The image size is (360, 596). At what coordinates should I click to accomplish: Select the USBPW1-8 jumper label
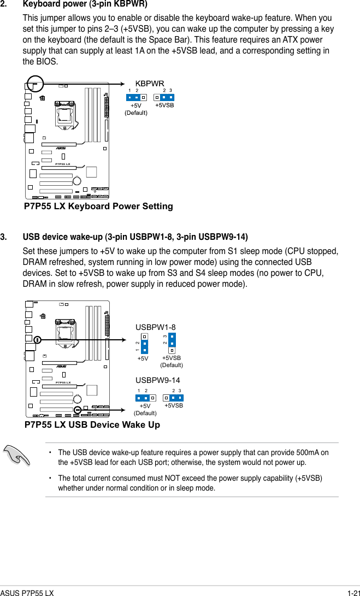click(x=155, y=327)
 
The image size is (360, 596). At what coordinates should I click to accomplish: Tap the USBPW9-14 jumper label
click(x=157, y=380)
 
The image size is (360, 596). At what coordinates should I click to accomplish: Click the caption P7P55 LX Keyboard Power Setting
click(x=98, y=206)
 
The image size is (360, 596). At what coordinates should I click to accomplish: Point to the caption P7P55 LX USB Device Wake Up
click(x=92, y=425)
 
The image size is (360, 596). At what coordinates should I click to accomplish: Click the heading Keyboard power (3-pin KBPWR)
click(x=85, y=5)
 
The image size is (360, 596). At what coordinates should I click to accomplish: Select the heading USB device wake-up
click(x=135, y=237)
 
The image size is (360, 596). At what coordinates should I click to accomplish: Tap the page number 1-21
click(x=351, y=592)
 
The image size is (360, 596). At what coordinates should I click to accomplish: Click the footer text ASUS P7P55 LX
click(x=27, y=592)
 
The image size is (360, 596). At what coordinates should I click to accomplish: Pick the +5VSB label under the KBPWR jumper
click(x=164, y=105)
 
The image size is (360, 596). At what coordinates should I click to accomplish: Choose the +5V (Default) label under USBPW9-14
click(x=145, y=409)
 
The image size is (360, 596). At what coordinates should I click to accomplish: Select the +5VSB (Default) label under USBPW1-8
click(x=172, y=361)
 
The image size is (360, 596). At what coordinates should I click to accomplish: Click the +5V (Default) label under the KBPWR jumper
click(x=136, y=109)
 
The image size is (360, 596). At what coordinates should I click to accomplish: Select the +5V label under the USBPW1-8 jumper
click(x=143, y=358)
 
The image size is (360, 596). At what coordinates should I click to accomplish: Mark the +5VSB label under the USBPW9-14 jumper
click(x=174, y=406)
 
